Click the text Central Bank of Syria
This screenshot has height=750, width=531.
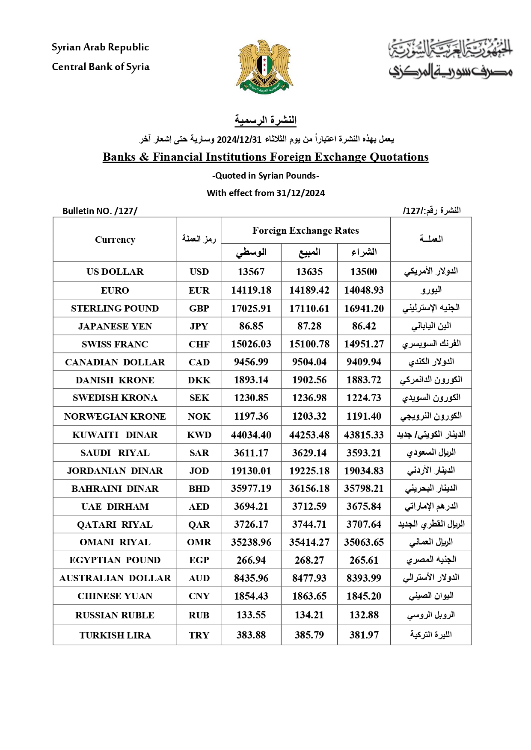101,67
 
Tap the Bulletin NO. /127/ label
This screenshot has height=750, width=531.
100,211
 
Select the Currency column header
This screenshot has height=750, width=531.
115,240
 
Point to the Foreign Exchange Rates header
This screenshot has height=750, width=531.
306,231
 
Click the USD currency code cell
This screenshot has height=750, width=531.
199,272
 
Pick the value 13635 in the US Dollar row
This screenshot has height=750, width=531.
309,272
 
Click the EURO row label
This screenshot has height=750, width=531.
115,291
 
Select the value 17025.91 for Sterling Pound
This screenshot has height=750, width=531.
251,309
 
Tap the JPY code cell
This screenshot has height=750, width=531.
199,326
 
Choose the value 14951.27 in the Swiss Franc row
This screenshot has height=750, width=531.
364,344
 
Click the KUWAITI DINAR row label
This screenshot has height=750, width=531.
115,435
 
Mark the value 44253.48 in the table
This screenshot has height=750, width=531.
309,435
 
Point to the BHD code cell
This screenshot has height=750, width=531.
199,489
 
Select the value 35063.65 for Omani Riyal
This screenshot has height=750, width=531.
364,542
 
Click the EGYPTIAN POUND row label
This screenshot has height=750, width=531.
115,560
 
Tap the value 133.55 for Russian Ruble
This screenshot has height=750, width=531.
251,615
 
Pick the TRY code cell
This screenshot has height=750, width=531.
199,635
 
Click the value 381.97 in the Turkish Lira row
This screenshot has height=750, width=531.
364,635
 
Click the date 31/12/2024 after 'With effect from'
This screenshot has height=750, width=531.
300,193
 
